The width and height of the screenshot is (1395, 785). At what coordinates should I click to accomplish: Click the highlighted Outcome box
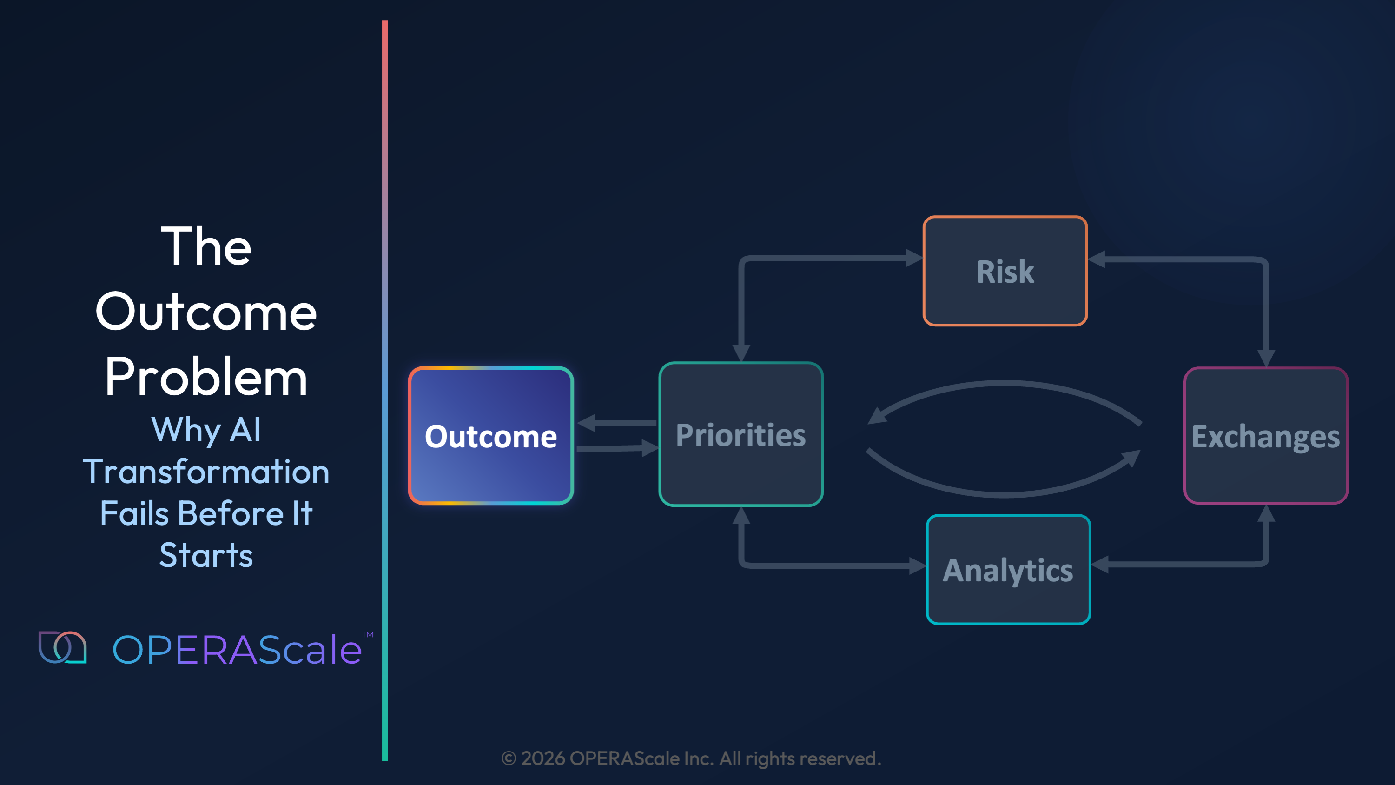coord(490,436)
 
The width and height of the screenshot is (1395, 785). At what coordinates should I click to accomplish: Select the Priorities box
coord(741,434)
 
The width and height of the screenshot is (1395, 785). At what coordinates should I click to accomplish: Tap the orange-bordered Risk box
coord(1005,271)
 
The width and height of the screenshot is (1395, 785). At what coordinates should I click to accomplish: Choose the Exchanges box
coord(1266,436)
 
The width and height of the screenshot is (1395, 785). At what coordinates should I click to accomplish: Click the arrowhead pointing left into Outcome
coord(587,423)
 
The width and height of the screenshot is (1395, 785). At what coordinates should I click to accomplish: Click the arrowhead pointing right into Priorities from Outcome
coord(649,447)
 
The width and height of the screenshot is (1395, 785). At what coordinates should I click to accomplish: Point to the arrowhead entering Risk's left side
coord(914,258)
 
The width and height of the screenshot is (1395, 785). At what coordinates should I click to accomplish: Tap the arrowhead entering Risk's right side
coord(1097,259)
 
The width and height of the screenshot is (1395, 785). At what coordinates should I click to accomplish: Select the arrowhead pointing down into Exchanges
coord(1266,358)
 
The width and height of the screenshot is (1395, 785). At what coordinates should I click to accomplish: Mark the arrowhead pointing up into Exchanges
coord(1266,513)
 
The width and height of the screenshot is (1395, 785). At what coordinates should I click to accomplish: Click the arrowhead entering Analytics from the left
coord(917,565)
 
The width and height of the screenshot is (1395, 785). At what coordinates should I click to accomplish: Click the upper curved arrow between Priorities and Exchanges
coord(1005,384)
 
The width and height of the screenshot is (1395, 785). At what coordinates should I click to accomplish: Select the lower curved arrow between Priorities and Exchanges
coord(1005,494)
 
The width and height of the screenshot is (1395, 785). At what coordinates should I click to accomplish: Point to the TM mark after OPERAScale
coord(368,634)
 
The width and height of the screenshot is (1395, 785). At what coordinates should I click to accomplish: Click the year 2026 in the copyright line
coord(542,758)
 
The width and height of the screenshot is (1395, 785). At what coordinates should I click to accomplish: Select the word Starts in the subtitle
coord(206,555)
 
